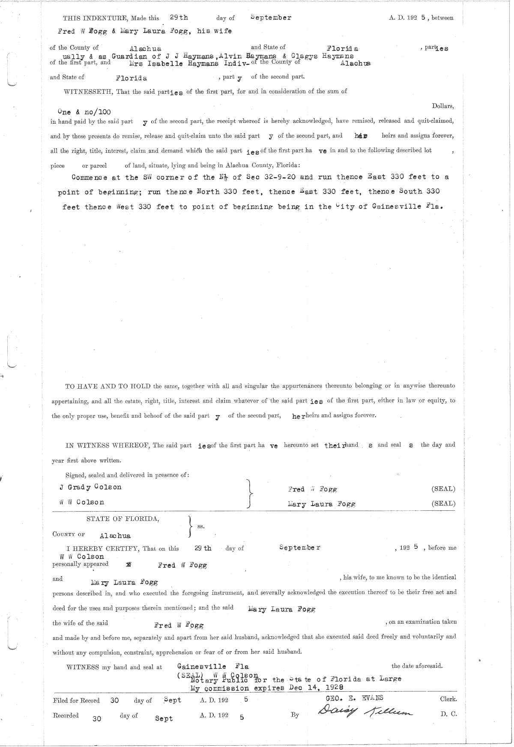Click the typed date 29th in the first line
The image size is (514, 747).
click(179, 18)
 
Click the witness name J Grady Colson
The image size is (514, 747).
click(90, 487)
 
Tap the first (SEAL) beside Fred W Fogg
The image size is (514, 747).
click(443, 489)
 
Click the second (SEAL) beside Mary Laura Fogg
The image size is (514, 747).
click(443, 504)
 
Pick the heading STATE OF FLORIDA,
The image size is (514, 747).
click(123, 519)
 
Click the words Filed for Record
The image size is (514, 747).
click(76, 701)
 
